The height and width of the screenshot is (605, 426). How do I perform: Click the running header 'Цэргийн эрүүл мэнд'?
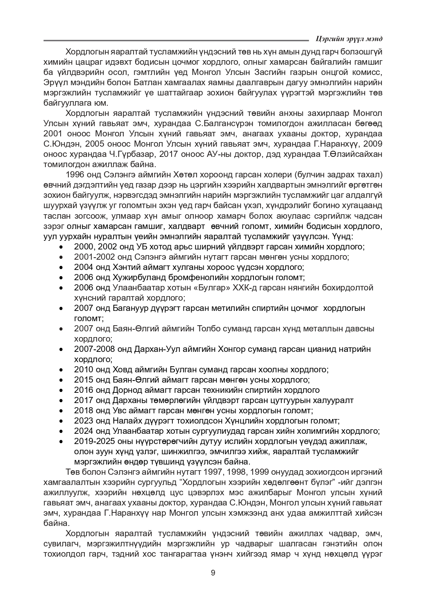pyautogui.click(x=349, y=39)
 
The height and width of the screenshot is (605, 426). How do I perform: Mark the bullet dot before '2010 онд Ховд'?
pyautogui.click(x=61, y=370)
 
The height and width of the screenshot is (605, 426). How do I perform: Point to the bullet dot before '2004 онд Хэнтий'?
pyautogui.click(x=61, y=267)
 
